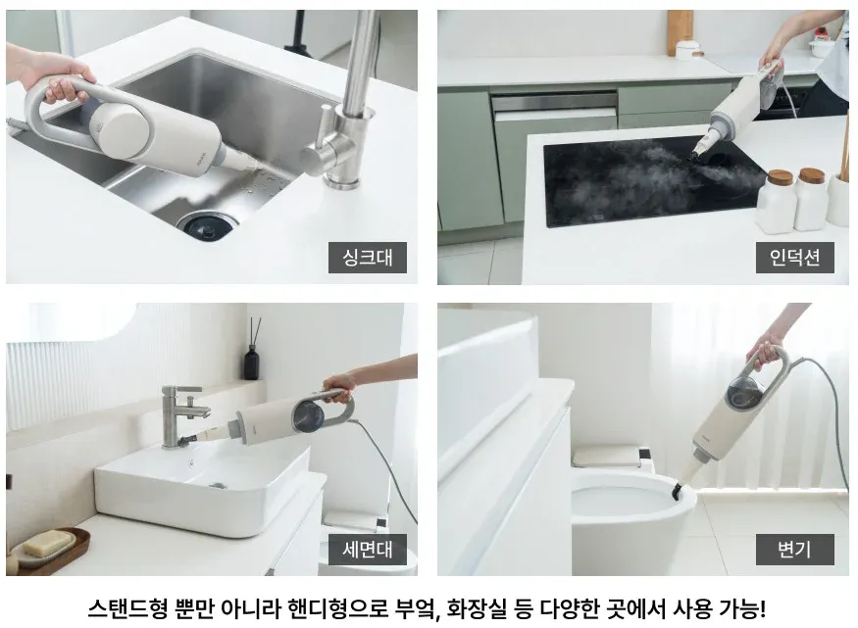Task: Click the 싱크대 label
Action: (x=368, y=259)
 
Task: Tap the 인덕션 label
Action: (x=794, y=259)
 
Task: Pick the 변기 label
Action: (x=794, y=550)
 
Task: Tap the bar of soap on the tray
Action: (x=44, y=542)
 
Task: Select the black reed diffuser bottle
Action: (x=252, y=362)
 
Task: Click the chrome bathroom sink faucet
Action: (x=183, y=411)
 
